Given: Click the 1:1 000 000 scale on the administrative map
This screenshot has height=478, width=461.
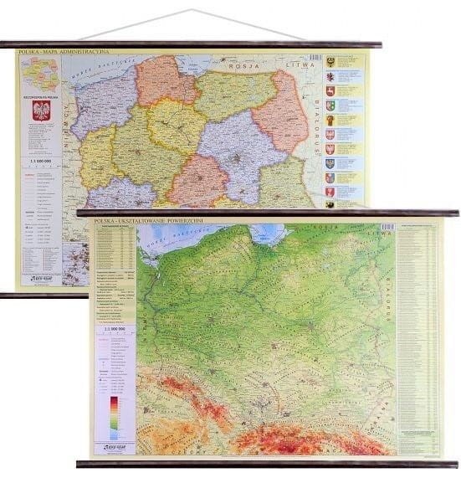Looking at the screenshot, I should [x=39, y=157].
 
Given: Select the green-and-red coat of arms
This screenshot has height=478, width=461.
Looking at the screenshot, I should [x=330, y=105].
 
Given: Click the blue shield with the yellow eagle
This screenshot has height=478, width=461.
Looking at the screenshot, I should [x=330, y=177].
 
